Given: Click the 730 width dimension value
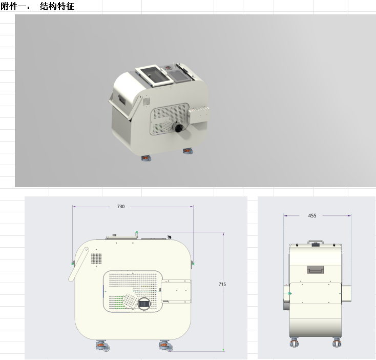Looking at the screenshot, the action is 121,206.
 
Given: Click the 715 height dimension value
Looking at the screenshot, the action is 222,284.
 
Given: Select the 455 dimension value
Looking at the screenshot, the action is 312,216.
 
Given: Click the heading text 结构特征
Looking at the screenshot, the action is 57,6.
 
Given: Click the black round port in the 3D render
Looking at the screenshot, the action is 179,128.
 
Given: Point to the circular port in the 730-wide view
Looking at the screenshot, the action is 144,304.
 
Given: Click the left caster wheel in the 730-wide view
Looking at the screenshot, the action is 102,346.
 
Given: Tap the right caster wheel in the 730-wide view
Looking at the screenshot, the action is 166,346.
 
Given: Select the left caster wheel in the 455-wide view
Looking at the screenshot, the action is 294,342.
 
